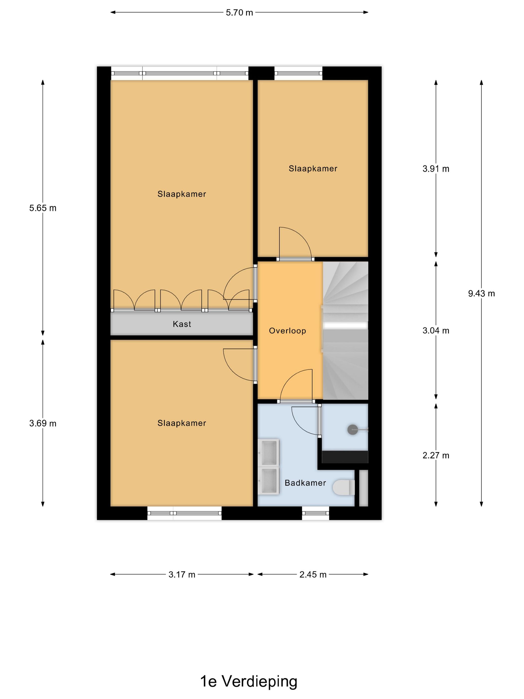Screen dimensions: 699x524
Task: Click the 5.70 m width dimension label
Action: (x=239, y=13)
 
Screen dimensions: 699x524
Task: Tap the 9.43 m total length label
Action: (x=481, y=294)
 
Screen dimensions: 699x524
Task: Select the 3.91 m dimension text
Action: (x=436, y=169)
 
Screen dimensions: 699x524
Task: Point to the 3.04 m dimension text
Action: (x=436, y=331)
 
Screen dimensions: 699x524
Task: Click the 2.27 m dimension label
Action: (x=436, y=455)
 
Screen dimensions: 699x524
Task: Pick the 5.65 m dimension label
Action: (x=43, y=208)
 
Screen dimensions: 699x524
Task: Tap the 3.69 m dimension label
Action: (x=43, y=423)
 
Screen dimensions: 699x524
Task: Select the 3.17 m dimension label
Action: (x=182, y=574)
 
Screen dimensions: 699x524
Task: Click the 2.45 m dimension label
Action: (x=313, y=574)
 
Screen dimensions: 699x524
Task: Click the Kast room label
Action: (x=182, y=324)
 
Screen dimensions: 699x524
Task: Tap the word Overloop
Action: (x=287, y=331)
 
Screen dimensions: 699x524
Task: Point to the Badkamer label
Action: (x=305, y=483)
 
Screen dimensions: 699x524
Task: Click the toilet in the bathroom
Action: (x=344, y=488)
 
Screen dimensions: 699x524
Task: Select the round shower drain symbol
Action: (x=353, y=430)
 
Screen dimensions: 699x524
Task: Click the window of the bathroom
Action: (x=315, y=513)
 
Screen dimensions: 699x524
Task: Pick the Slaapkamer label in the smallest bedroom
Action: (x=313, y=169)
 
